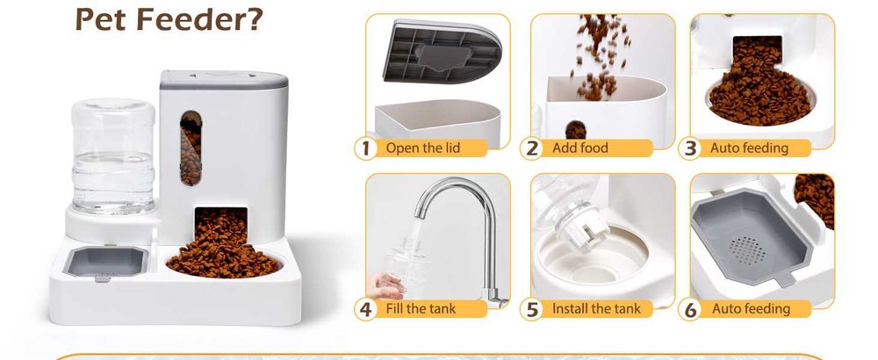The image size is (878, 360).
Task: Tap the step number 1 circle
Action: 366,148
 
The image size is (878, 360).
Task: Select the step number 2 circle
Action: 532,148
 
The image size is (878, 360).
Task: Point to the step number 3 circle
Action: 691,148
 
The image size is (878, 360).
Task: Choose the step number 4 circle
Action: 366,309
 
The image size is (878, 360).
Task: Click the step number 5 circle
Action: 532,309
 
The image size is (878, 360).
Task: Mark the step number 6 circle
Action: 691,309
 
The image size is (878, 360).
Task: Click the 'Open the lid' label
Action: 422,148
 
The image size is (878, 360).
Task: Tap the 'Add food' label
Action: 580,148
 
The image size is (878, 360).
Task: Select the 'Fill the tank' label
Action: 420,308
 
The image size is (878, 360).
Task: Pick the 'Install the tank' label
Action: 596,308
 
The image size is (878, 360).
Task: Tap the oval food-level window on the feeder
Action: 190,147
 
